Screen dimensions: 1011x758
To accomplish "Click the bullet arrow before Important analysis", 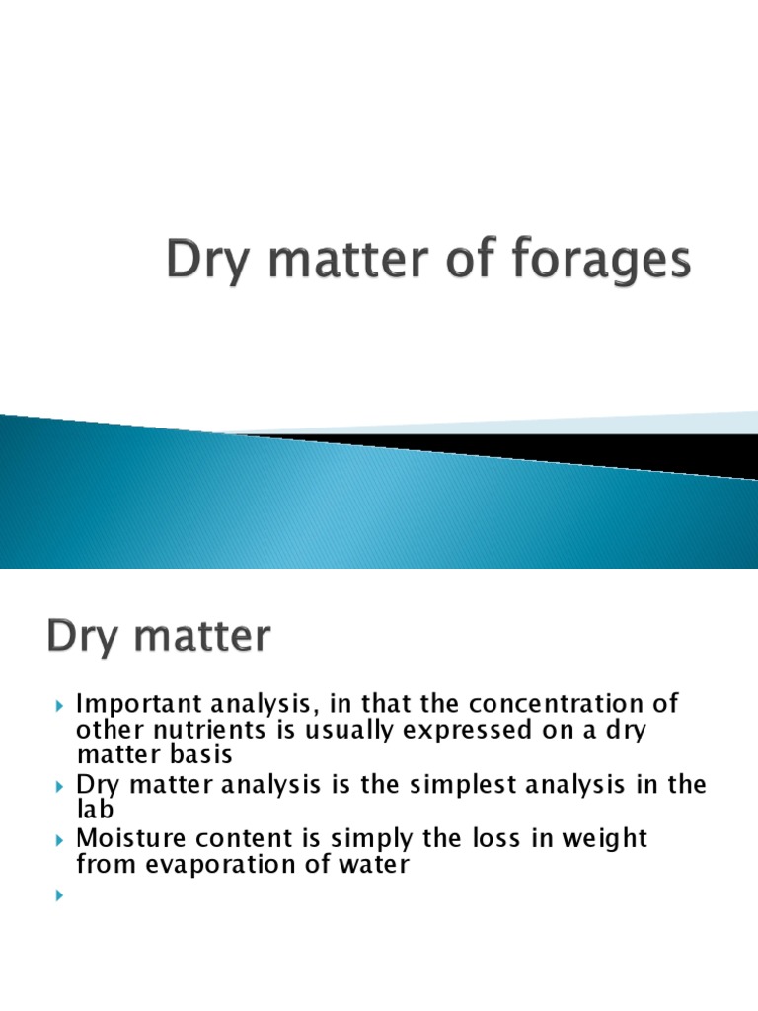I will point(59,707).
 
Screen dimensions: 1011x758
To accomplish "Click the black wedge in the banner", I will point(592,449).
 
